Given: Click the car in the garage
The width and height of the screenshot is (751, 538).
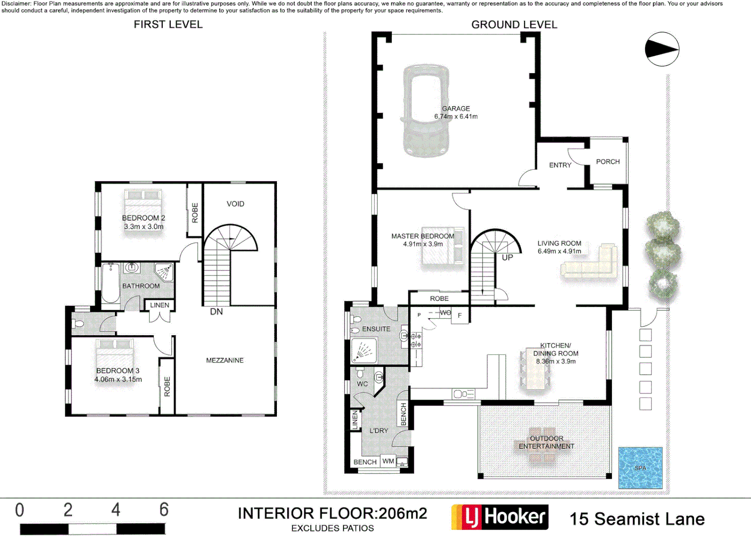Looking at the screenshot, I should pos(426,111).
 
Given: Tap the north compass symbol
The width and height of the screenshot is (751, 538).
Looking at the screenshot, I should pos(662,49).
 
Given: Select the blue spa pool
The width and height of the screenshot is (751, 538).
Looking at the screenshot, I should pos(640,468).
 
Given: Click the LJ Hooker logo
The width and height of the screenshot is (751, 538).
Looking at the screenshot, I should pos(500,517).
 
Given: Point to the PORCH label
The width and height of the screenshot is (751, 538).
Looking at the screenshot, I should pos(608,162).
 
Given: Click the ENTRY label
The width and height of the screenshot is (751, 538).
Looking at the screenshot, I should pos(560,165).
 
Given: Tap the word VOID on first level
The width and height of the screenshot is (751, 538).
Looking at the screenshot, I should pos(235,204).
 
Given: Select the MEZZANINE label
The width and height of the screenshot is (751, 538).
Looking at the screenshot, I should pos(225,360).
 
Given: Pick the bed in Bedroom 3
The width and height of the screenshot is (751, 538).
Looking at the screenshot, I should pos(115,358).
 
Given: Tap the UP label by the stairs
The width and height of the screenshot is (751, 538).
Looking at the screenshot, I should pos(507,258).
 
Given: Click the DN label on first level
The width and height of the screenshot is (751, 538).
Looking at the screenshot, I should pos(216,312).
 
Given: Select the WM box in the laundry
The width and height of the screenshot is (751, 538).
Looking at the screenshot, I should pos(388,461).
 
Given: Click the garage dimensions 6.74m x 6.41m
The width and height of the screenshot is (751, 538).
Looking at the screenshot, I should pos(456,117).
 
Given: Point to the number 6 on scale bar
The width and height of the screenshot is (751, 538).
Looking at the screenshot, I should pos(164,510).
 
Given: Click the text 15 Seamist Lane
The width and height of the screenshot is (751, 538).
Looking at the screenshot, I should pos(637,519).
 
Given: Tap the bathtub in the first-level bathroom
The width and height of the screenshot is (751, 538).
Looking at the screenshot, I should pos(111,283).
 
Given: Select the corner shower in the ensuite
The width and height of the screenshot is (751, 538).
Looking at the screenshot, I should pos(364,350).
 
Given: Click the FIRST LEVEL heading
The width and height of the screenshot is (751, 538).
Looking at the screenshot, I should pos(168,24).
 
